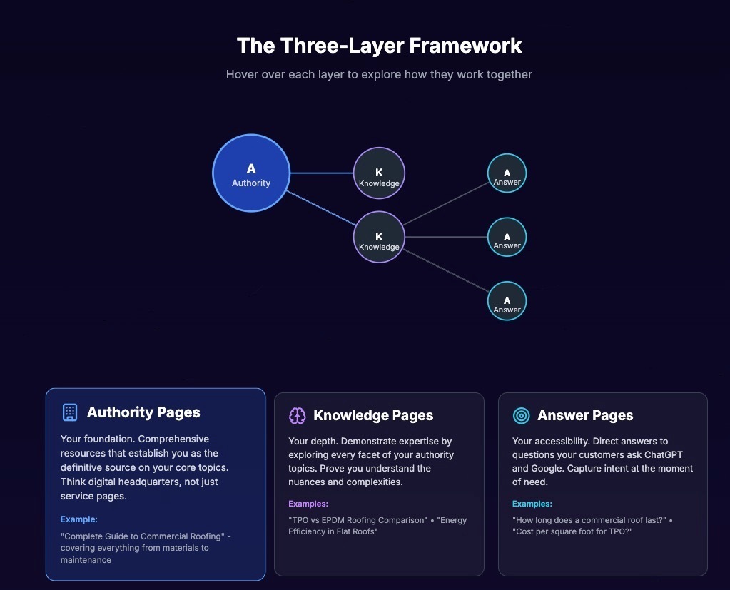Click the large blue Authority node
click(251, 173)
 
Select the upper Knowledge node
click(379, 173)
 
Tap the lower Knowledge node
click(379, 237)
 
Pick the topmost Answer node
click(507, 173)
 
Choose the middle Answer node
click(507, 237)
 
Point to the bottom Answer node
click(507, 301)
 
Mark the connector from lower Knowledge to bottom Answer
click(446, 269)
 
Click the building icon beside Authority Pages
click(69, 412)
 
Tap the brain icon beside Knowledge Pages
click(297, 415)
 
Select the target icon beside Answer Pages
click(522, 415)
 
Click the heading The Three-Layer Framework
click(379, 46)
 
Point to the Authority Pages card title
click(143, 412)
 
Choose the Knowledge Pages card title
click(373, 415)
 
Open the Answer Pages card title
click(585, 415)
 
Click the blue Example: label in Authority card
click(78, 519)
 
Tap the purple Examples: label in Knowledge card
click(308, 504)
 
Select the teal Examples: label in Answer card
click(532, 504)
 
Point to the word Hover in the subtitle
click(242, 74)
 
